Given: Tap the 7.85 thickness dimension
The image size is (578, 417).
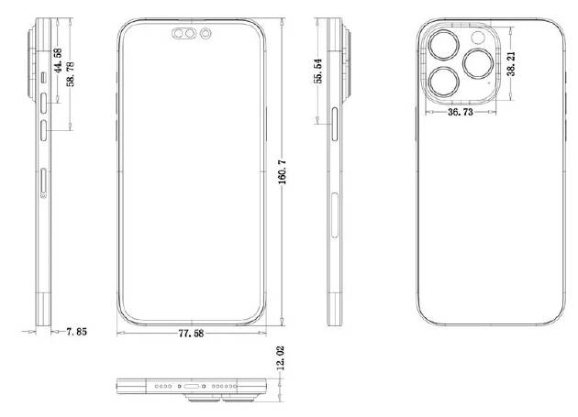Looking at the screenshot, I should (x=75, y=332).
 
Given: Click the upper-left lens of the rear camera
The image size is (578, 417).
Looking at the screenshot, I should (x=443, y=44).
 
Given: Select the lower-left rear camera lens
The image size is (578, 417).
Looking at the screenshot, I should (x=444, y=83).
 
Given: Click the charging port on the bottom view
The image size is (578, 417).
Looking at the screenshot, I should (x=195, y=387).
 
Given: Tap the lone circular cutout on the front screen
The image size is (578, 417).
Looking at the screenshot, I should (x=205, y=37).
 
